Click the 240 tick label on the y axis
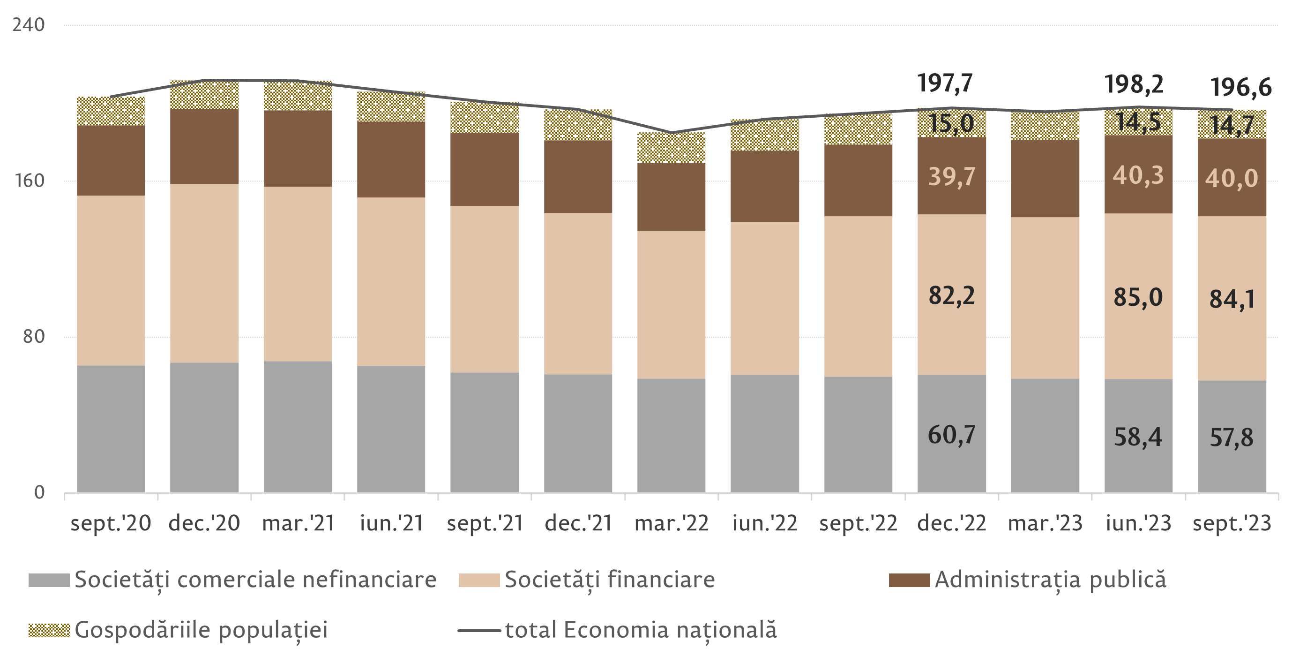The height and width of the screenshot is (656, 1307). tap(29, 24)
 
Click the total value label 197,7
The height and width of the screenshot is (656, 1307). tap(945, 83)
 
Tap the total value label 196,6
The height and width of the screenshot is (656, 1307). tap(1241, 88)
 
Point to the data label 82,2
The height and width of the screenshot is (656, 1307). tap(951, 295)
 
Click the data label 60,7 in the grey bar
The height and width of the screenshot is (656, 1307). tap(951, 435)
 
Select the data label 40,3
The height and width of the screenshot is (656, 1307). tap(1138, 176)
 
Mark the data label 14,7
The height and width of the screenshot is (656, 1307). tap(1232, 125)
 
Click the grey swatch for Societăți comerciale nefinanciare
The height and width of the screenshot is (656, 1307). tap(49, 580)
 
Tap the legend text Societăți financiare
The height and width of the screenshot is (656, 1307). tap(609, 579)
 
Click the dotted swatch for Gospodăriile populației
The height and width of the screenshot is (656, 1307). tap(49, 630)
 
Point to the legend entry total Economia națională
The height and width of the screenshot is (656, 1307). tap(641, 630)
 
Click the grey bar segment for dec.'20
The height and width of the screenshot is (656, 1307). tap(204, 427)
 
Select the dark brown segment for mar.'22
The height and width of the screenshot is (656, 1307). tap(671, 196)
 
